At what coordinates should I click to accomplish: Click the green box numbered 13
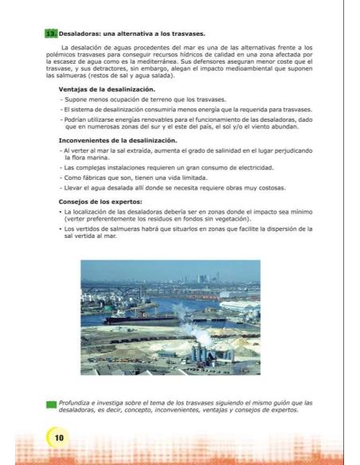pyautogui.click(x=51, y=33)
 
